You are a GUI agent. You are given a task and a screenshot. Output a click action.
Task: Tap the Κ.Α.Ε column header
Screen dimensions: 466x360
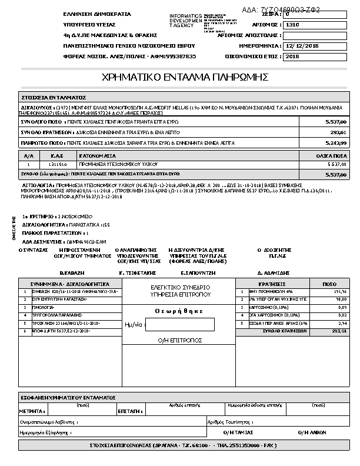56,156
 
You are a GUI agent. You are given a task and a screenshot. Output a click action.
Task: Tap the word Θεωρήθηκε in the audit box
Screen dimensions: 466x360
179,310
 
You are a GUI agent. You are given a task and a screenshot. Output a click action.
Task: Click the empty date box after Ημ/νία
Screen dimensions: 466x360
179,324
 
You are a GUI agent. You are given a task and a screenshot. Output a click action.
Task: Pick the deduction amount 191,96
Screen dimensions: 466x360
341,291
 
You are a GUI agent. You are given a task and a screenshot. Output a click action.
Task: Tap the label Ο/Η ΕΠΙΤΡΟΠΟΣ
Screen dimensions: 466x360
179,341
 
